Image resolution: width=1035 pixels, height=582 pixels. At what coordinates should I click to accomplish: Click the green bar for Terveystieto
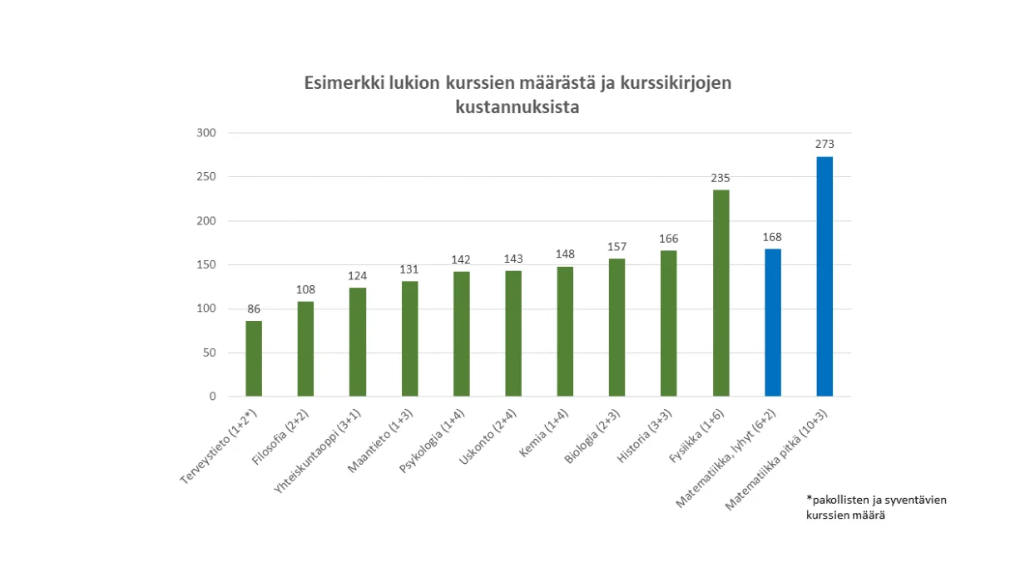[x=254, y=359]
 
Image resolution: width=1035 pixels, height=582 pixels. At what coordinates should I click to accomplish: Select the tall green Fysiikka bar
[x=721, y=293]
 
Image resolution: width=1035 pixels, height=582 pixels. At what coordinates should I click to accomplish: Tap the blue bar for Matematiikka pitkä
[x=824, y=277]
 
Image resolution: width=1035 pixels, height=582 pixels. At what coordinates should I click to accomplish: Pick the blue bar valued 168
[x=772, y=323]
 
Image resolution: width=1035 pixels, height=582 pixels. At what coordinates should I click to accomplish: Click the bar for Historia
[x=669, y=323]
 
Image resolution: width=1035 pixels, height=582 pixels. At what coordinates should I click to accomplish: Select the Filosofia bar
[x=305, y=349]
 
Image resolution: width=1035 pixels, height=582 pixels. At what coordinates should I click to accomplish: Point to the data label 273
[x=824, y=144]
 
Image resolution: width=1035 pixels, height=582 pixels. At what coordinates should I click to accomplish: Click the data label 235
[x=721, y=178]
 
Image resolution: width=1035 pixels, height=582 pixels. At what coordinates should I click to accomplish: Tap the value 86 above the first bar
[x=254, y=308]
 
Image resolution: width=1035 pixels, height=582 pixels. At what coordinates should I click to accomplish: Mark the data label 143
[x=513, y=259]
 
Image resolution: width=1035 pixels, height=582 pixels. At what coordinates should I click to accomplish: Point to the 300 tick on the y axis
[x=206, y=133]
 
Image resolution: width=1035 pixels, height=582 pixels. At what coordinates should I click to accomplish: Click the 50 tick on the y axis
[x=209, y=353]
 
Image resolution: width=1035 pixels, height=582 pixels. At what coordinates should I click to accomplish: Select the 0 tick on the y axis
[x=212, y=397]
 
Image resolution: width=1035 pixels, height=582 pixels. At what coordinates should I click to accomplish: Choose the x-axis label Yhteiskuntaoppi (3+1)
[x=321, y=450]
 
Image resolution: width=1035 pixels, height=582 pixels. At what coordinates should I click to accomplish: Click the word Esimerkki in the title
[x=341, y=84]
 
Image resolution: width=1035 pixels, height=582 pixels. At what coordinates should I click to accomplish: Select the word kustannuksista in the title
[x=517, y=107]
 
